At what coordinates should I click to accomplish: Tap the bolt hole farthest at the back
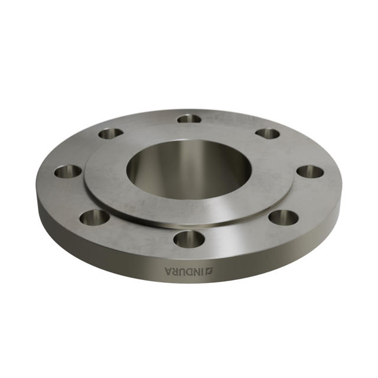pos(189,119)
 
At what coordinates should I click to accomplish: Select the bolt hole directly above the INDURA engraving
pos(189,239)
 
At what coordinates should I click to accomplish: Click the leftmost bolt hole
pos(68,172)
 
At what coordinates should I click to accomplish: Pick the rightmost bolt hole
pos(309,172)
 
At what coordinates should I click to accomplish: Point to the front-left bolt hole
pos(94,217)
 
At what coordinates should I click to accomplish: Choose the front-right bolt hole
pos(283,217)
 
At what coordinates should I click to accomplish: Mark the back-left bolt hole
pos(111,133)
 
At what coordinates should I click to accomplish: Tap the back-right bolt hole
pos(267,133)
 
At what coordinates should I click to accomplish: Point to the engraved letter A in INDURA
pos(170,271)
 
